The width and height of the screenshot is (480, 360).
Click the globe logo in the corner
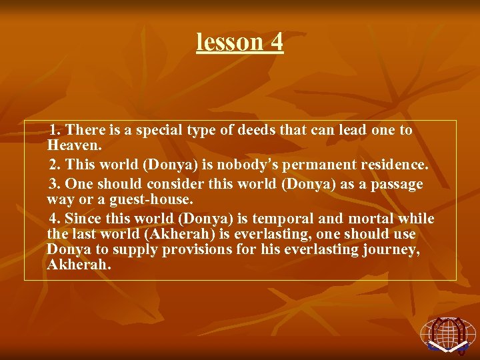pyautogui.click(x=448, y=333)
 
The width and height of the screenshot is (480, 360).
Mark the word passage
pyautogui.click(x=397, y=184)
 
